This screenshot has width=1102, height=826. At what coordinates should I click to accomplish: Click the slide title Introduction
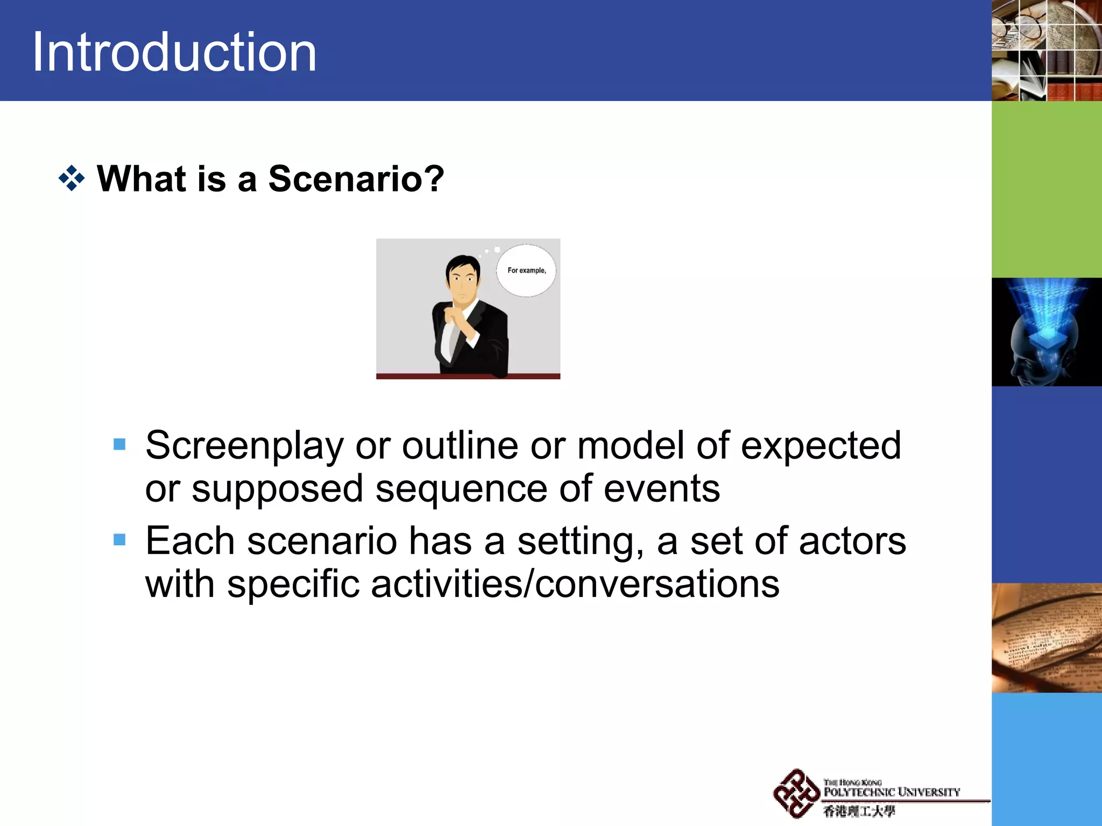[x=174, y=52]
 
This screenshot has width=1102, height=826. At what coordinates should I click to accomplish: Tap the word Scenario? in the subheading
[x=356, y=179]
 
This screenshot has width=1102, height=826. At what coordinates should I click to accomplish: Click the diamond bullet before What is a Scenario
[x=72, y=179]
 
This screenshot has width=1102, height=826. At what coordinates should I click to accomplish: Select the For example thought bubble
[x=526, y=270]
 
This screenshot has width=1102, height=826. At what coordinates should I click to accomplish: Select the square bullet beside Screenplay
[x=119, y=444]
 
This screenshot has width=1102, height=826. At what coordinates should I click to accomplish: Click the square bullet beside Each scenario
[x=119, y=539]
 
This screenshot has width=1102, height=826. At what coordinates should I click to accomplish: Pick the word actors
[x=852, y=541]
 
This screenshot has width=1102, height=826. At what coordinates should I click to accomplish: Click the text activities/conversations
[x=575, y=585]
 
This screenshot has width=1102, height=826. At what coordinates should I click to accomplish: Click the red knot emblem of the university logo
[x=796, y=793]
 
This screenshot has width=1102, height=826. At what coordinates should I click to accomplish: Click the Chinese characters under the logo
[x=859, y=811]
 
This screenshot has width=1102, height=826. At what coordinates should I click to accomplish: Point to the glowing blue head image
[x=1046, y=332]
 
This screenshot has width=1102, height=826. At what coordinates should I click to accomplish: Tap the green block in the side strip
[x=1046, y=189]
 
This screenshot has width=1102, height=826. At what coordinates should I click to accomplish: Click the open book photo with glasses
[x=1046, y=638]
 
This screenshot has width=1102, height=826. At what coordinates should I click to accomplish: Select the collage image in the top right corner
[x=1046, y=51]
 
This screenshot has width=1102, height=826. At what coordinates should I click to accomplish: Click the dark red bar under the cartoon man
[x=468, y=376]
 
